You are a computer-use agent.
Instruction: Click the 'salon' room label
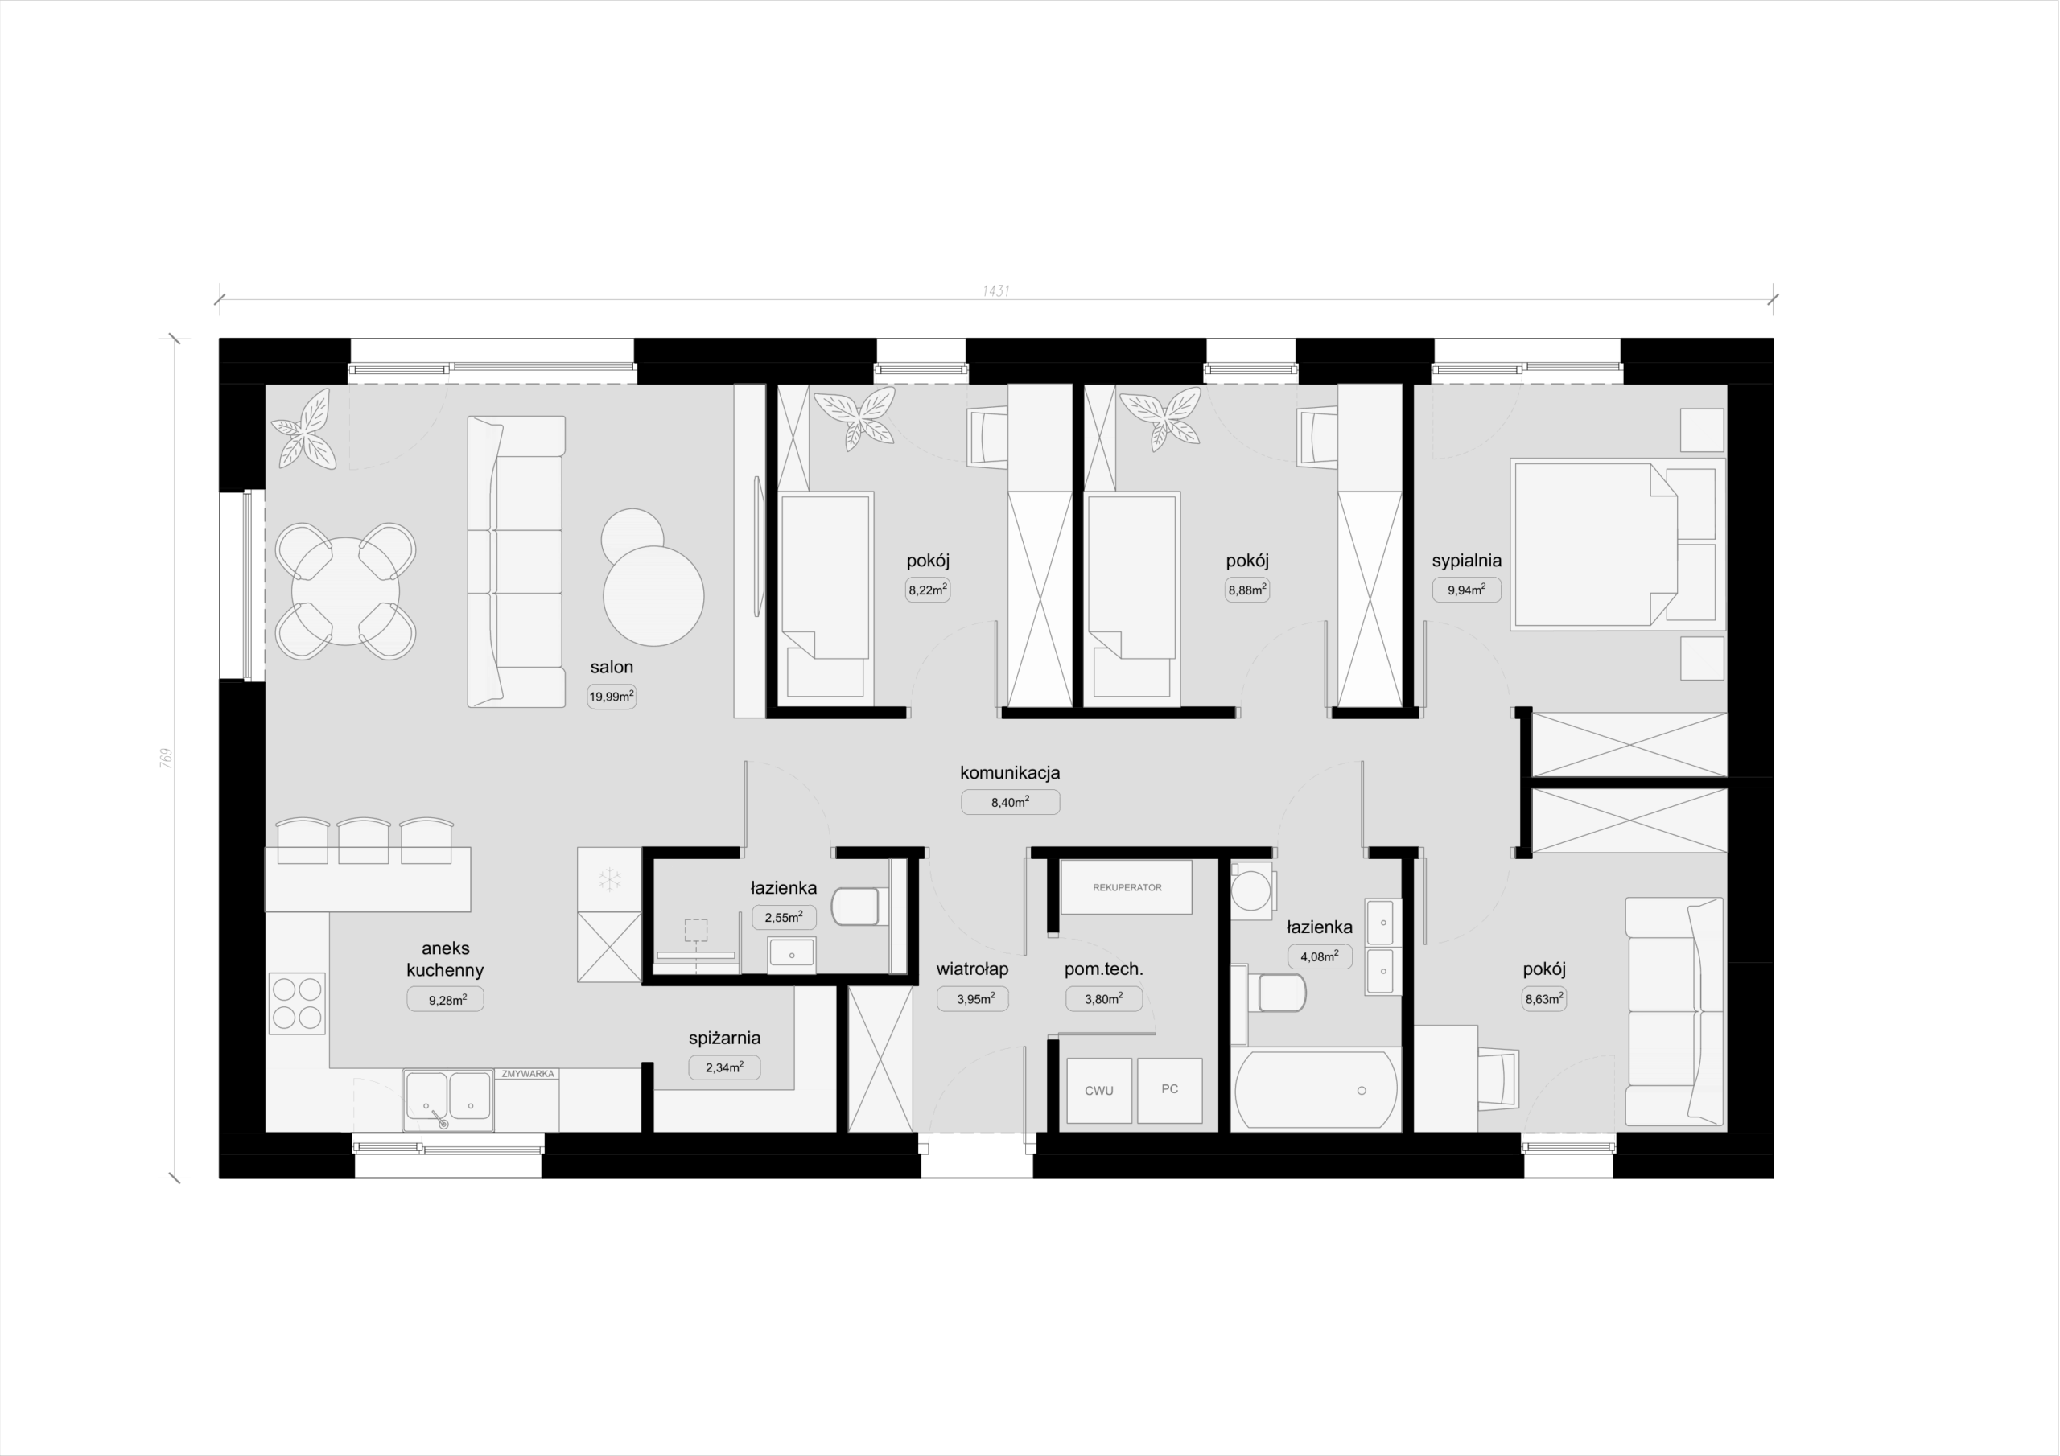pyautogui.click(x=612, y=667)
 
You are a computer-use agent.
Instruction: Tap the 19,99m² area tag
pyautogui.click(x=612, y=696)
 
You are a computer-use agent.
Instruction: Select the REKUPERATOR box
pyautogui.click(x=1127, y=887)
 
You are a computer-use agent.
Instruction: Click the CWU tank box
pyautogui.click(x=1099, y=1091)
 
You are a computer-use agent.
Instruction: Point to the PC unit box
pyautogui.click(x=1170, y=1090)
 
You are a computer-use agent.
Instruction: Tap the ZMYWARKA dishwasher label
pyautogui.click(x=529, y=1073)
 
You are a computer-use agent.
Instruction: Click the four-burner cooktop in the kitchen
pyautogui.click(x=297, y=1004)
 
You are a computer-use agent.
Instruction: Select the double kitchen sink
pyautogui.click(x=448, y=1098)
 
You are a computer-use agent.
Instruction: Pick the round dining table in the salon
pyautogui.click(x=346, y=591)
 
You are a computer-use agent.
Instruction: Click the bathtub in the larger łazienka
pyautogui.click(x=1316, y=1090)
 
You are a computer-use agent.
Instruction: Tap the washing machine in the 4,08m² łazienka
pyautogui.click(x=1250, y=890)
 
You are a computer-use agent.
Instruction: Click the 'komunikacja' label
pyautogui.click(x=1010, y=772)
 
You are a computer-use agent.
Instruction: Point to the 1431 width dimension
pyautogui.click(x=996, y=290)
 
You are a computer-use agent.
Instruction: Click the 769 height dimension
pyautogui.click(x=165, y=757)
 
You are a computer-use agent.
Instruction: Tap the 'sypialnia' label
pyautogui.click(x=1467, y=561)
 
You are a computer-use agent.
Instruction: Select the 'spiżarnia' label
pyautogui.click(x=725, y=1038)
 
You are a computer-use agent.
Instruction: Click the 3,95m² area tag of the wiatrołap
pyautogui.click(x=974, y=998)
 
